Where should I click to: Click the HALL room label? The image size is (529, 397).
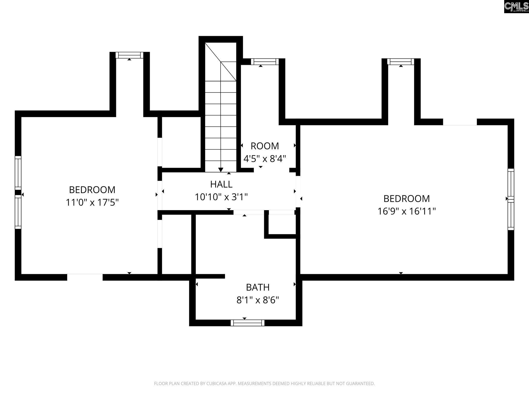(221, 184)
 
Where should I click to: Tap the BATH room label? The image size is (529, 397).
(258, 287)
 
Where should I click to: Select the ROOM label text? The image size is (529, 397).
(265, 146)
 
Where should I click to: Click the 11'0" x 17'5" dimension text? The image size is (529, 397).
(92, 202)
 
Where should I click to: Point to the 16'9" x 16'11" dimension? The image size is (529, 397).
(407, 211)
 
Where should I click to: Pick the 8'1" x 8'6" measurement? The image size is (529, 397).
(258, 300)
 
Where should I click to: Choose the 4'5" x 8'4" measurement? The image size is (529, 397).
(265, 159)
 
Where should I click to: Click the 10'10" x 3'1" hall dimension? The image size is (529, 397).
(221, 197)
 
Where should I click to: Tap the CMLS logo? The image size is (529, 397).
(516, 7)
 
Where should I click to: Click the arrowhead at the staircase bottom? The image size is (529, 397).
(221, 170)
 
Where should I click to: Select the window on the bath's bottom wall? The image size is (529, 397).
(247, 323)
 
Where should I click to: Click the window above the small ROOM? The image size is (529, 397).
(265, 62)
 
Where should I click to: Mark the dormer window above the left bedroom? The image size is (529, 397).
(129, 55)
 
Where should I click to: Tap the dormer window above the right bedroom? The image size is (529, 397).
(401, 62)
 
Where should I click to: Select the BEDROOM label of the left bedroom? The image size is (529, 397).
(92, 190)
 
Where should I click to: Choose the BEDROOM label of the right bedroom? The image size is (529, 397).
(407, 199)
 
